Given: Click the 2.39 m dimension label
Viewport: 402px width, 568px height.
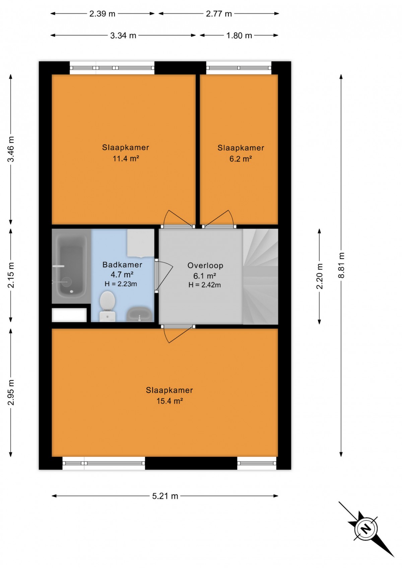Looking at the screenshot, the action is coord(102,13).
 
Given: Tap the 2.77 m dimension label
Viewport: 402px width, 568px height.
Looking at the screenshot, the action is coord(219,13).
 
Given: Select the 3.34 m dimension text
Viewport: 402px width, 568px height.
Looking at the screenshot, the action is coord(123,35).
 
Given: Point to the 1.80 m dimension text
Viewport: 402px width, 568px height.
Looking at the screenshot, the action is coord(239,35).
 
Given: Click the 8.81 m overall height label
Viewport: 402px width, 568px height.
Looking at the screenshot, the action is coord(341,265).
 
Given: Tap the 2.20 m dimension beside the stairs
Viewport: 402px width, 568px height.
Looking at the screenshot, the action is coord(319,276).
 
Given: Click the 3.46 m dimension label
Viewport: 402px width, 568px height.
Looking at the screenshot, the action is coord(11,149).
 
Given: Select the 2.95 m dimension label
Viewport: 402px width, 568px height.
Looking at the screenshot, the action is coord(11,392).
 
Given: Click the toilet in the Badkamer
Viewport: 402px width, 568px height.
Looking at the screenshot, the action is coord(108,306).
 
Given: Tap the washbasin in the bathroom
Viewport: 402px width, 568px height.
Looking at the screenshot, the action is coord(139,314).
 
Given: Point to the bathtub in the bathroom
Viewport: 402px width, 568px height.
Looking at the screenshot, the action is coord(71,266).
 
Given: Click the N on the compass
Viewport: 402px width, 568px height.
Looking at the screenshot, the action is coord(366,529).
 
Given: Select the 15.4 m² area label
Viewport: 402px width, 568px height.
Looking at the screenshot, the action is coord(170,401).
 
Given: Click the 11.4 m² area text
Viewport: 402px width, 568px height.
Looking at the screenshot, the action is coord(126,158).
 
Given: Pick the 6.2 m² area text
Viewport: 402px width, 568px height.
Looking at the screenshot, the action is coord(241,159).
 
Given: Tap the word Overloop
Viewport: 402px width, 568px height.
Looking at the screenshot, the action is coord(205,265).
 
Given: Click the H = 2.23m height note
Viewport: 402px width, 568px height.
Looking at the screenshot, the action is coord(121,284).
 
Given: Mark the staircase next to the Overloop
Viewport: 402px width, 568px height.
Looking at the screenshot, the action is coord(261,276).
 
